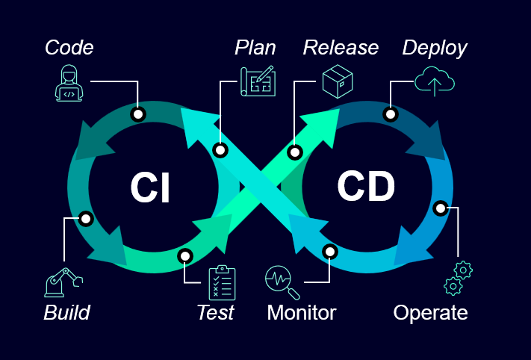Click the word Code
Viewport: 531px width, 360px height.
69,48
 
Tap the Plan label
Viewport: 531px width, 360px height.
255,48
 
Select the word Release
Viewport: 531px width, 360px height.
341,48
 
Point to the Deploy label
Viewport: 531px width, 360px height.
435,48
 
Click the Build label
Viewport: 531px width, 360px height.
66,312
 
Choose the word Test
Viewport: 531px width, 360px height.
215,312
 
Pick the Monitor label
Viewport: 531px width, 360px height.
302,312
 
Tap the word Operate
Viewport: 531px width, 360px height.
430,312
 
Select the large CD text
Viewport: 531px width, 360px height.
365,187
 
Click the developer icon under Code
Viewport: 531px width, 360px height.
69,82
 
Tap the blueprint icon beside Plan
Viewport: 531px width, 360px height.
257,81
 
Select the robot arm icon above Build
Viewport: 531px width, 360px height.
63,282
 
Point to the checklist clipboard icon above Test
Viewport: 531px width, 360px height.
222,283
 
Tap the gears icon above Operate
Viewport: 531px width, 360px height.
458,277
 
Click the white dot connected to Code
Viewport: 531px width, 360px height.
137,114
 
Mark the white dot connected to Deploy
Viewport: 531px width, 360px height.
390,114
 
